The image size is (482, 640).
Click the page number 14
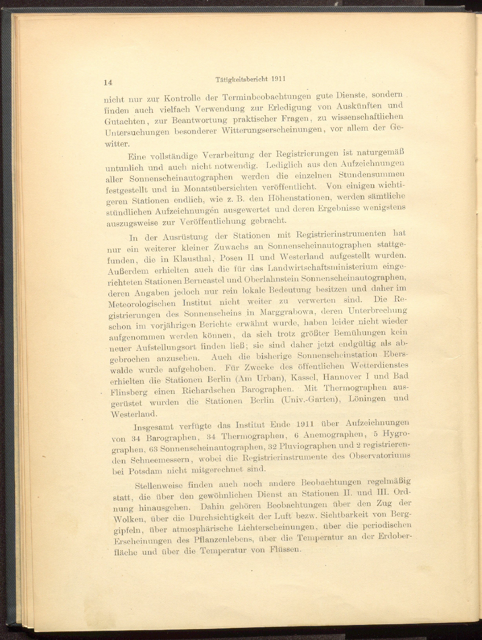tap(108, 82)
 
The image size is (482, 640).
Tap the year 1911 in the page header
tap(278, 79)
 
